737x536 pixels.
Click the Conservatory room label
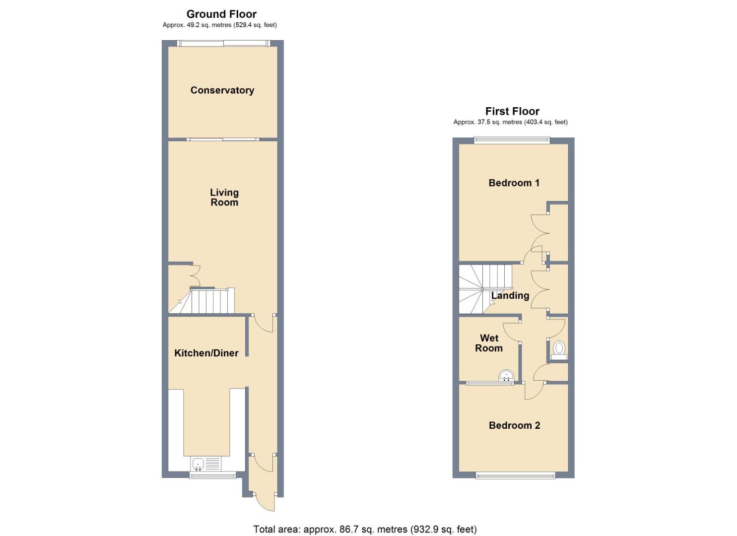[x=222, y=90]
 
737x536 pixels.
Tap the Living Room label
[x=224, y=197]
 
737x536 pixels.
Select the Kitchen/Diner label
[x=206, y=353]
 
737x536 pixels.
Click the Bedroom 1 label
[x=514, y=183]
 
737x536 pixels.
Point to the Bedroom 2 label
[x=514, y=425]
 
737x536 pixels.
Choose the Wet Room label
[x=489, y=343]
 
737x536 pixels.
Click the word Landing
[x=510, y=295]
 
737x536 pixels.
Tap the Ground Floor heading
[x=221, y=14]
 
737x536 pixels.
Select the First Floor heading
[x=512, y=111]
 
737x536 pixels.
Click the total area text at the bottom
[x=365, y=529]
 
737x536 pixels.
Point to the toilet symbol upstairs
[x=559, y=349]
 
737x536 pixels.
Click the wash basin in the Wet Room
[x=506, y=376]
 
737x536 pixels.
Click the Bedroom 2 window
[x=515, y=476]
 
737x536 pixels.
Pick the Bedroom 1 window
[x=512, y=140]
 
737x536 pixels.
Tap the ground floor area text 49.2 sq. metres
[x=219, y=25]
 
